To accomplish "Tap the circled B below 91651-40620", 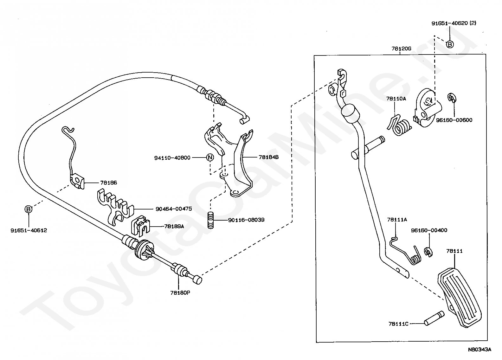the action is pyautogui.click(x=450, y=44).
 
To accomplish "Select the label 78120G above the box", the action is pyautogui.click(x=401, y=48).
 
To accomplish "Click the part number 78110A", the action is pyautogui.click(x=396, y=99).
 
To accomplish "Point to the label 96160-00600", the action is pyautogui.click(x=454, y=120).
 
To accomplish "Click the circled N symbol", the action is pyautogui.click(x=210, y=157).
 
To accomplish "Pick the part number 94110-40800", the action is pyautogui.click(x=172, y=158).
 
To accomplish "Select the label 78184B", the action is pyautogui.click(x=268, y=157).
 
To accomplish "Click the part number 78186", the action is pyautogui.click(x=108, y=183).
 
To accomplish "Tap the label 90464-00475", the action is pyautogui.click(x=174, y=209).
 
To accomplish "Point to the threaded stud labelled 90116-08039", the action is pyautogui.click(x=210, y=220).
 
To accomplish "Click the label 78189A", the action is pyautogui.click(x=174, y=226).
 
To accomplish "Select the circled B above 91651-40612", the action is pyautogui.click(x=29, y=209).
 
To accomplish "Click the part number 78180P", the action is pyautogui.click(x=180, y=293).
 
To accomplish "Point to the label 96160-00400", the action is pyautogui.click(x=429, y=230).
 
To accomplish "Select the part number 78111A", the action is pyautogui.click(x=397, y=220).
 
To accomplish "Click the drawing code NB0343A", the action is pyautogui.click(x=480, y=350).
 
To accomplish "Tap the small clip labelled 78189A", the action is pyautogui.click(x=140, y=226).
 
